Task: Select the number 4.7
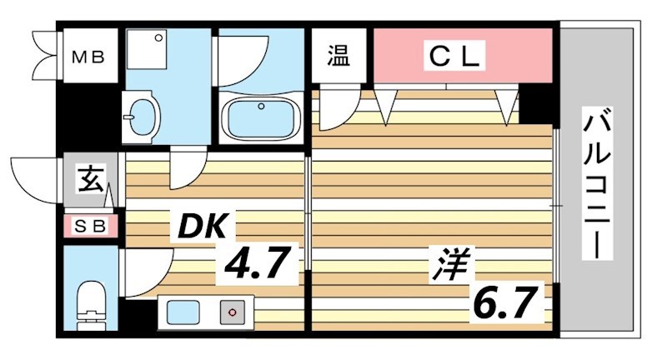click(x=255, y=266)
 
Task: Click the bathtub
click(x=262, y=118)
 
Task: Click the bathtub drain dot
click(x=262, y=107)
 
